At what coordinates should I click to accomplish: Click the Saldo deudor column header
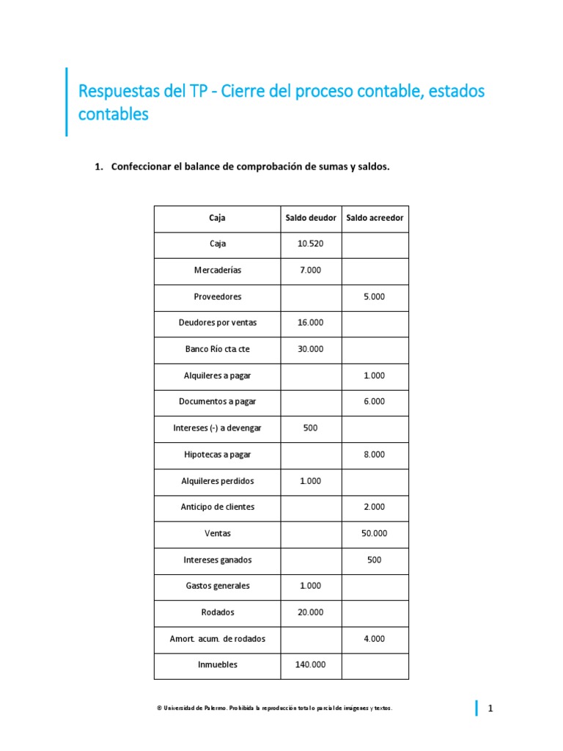click(x=311, y=218)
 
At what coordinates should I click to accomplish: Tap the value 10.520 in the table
click(x=311, y=244)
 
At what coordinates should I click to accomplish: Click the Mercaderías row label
click(x=217, y=271)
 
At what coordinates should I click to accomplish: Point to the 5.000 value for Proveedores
click(x=374, y=297)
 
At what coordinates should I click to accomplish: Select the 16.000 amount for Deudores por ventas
click(x=311, y=323)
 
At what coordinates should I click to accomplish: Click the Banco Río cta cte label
click(x=217, y=350)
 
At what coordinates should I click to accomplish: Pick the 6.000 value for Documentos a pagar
click(x=374, y=402)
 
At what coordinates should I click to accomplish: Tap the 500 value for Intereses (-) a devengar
click(x=311, y=428)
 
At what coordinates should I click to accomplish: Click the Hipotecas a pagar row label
click(x=217, y=455)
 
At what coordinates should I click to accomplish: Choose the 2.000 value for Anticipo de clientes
click(x=374, y=508)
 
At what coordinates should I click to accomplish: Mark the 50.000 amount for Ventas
click(x=374, y=534)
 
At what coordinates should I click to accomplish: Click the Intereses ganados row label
click(x=217, y=560)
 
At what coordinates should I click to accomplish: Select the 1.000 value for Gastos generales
click(x=311, y=586)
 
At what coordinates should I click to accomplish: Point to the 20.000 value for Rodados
click(x=311, y=612)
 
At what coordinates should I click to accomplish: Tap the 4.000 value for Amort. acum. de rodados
click(x=374, y=639)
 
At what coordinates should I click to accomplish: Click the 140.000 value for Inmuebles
click(x=311, y=665)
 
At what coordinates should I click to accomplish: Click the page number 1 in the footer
click(x=491, y=708)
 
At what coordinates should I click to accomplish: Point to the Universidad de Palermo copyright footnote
click(x=275, y=708)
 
